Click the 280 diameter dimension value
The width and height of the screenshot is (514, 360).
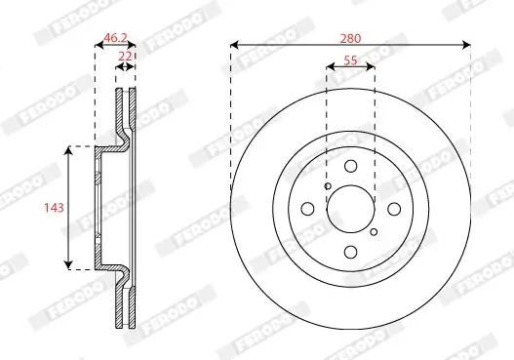click(351, 38)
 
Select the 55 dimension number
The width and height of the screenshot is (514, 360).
click(351, 60)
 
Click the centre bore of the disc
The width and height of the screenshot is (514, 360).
click(351, 209)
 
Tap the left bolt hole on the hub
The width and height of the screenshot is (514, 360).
click(308, 209)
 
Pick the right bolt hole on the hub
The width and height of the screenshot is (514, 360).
click(394, 209)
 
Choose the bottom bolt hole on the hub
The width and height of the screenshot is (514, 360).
click(351, 253)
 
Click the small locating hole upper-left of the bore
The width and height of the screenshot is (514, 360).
click(328, 186)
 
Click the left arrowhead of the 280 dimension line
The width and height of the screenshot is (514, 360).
click(235, 46)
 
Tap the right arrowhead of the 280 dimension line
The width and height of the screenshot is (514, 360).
click(467, 46)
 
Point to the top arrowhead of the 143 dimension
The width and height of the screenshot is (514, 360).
click(68, 149)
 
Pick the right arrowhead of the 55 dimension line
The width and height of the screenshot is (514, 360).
click(374, 68)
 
